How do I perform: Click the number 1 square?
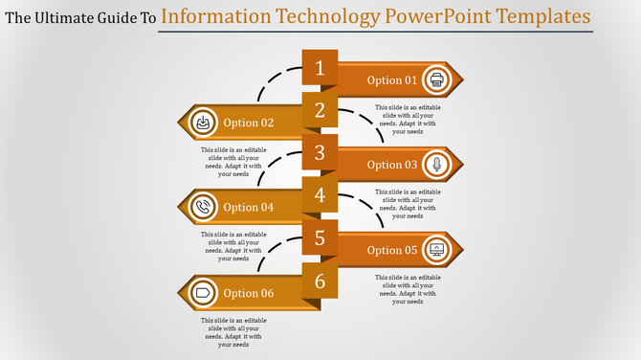320,67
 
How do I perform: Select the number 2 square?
320,110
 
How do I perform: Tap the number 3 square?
320,152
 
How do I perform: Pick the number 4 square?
320,195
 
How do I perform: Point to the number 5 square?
320,237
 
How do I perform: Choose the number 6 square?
320,281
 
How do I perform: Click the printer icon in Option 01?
437,79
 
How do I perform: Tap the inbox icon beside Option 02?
203,123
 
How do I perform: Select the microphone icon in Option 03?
437,165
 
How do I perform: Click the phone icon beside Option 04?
203,207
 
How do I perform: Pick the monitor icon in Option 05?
437,250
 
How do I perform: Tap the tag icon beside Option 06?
203,292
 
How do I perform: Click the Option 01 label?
392,80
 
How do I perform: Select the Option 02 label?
249,123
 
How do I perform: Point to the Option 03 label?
392,165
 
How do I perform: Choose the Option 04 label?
249,208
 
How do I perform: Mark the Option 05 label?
392,250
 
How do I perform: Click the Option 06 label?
249,293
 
